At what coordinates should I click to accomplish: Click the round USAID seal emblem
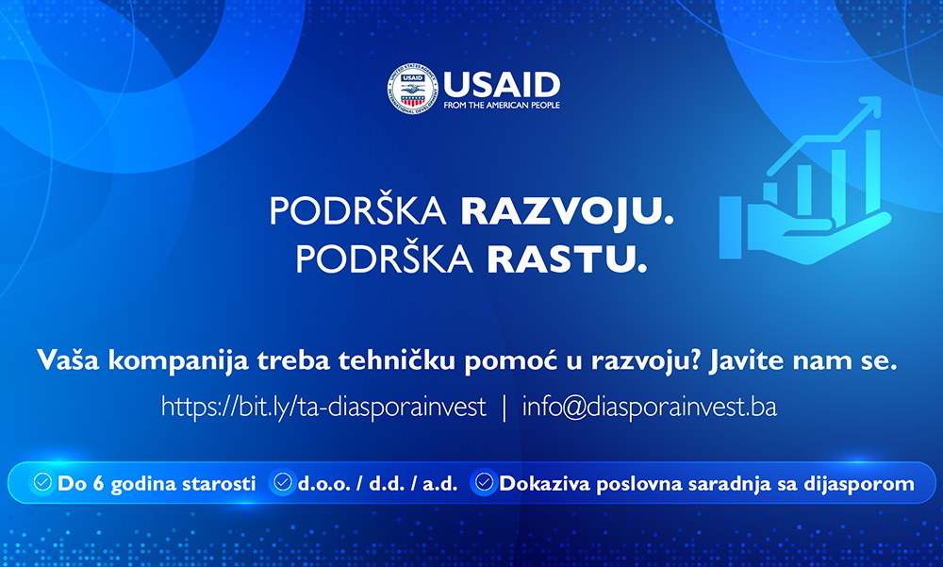tap(413, 89)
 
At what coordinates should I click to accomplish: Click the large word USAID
tap(502, 86)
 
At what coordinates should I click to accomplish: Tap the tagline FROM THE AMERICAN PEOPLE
tap(502, 106)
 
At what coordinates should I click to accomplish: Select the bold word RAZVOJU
tap(567, 212)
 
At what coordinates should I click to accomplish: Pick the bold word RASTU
tap(567, 258)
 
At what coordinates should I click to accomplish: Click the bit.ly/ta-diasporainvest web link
tap(323, 408)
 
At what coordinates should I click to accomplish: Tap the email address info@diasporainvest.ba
tap(650, 408)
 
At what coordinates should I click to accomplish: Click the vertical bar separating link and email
tap(505, 408)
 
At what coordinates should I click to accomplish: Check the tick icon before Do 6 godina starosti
tap(42, 482)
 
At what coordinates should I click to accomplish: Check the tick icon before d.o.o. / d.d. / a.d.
tap(283, 482)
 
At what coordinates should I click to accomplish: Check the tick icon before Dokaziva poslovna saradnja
tap(484, 482)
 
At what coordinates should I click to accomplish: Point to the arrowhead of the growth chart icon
tap(869, 106)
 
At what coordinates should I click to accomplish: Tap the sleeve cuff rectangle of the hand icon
tap(731, 227)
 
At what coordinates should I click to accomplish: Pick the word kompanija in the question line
tap(178, 361)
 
